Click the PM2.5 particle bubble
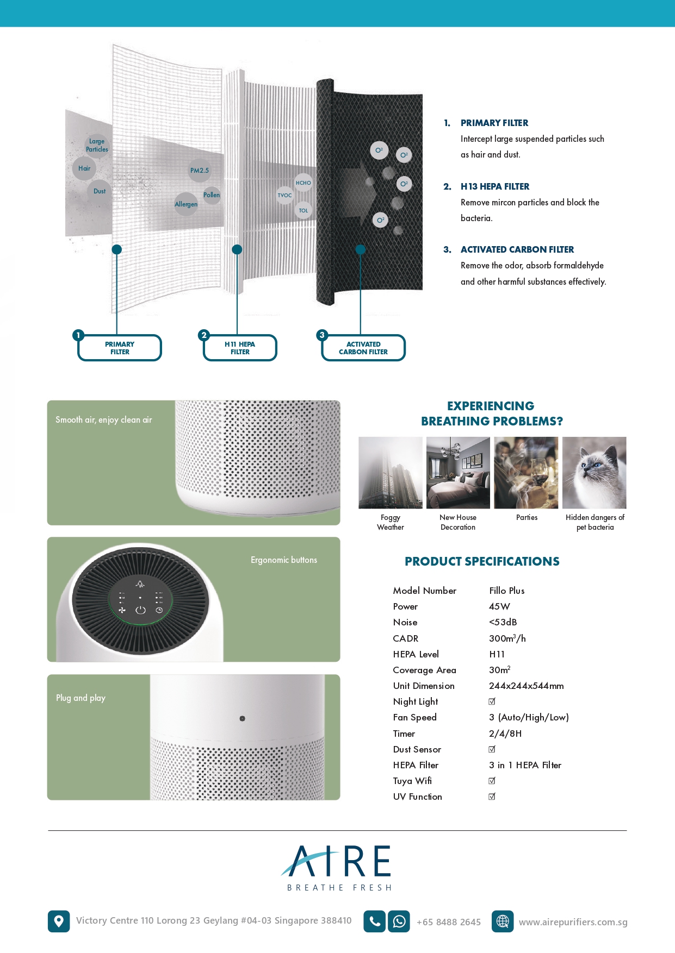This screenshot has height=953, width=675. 200,171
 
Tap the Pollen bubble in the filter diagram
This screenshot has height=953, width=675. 212,195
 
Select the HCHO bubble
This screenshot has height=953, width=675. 304,183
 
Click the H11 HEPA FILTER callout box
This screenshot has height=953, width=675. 240,348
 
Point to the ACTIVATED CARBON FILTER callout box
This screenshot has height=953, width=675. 363,348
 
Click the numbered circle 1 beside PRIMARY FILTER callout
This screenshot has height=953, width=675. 78,335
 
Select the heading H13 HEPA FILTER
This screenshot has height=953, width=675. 494,186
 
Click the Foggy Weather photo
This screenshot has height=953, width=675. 391,472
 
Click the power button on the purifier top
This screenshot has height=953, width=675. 140,610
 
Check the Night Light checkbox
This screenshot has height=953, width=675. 492,701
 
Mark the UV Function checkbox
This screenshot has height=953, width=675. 492,797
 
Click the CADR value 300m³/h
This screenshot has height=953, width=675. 507,638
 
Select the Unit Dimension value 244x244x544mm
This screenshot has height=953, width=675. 526,686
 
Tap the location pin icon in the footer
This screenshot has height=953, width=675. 59,921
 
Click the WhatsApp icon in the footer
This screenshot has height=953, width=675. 399,921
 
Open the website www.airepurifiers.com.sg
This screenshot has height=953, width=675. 573,922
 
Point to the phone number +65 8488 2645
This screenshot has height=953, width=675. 449,922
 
